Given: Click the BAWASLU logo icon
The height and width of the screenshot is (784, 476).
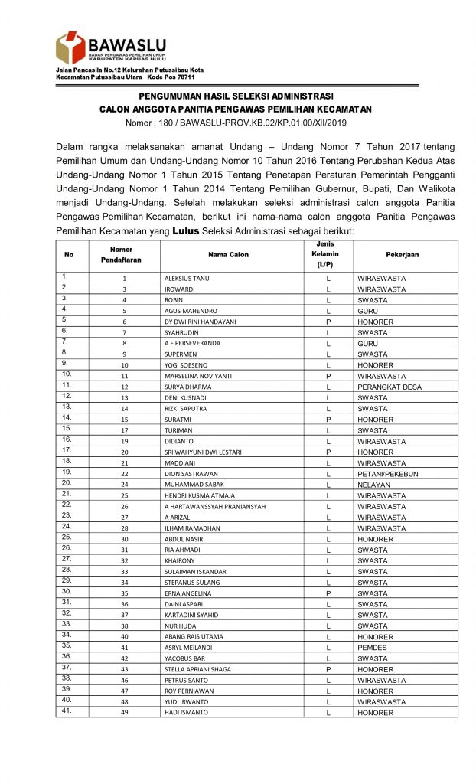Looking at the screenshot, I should (x=70, y=47).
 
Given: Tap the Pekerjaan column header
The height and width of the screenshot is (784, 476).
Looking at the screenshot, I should (x=403, y=255).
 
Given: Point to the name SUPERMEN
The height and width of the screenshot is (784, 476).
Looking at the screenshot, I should (x=181, y=354).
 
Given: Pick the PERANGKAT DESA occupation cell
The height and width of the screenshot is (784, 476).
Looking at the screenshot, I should (x=390, y=387).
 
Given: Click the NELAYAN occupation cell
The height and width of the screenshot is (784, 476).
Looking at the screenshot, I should (x=373, y=485).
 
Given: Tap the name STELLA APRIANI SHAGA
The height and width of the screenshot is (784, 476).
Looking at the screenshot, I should (x=198, y=669).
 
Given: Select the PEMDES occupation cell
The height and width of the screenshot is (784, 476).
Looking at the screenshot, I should (x=372, y=648).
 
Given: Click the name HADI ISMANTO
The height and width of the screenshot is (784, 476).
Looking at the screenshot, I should (x=186, y=713).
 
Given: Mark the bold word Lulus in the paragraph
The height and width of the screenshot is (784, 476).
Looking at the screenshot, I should (x=187, y=230).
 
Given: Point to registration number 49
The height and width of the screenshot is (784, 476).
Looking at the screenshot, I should (x=124, y=713).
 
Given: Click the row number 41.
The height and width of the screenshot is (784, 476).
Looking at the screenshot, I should (x=67, y=710).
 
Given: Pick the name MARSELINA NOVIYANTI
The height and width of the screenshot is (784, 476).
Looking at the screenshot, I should (x=198, y=377).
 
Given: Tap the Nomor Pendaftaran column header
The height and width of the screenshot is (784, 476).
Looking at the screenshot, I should (x=121, y=255).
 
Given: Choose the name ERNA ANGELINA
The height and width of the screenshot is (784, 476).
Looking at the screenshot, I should (x=188, y=593).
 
